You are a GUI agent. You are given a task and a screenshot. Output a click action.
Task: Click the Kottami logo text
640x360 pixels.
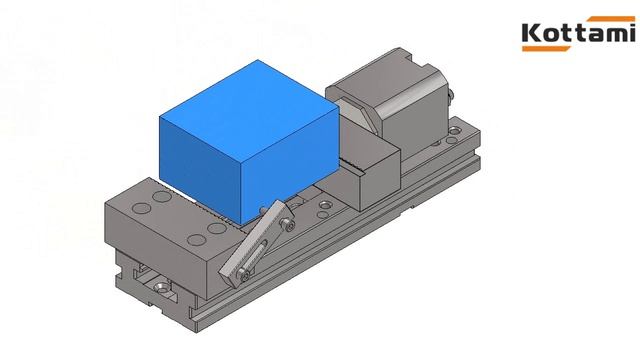point(578,33)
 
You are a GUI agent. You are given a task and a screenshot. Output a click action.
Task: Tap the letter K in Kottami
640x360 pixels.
point(531,33)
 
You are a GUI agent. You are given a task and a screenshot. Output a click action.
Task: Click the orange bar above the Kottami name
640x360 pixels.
point(611,19)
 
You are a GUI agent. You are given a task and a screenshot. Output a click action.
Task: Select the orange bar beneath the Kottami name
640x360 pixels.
point(547,49)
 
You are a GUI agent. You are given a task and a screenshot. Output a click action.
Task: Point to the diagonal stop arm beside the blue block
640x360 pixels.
point(255,243)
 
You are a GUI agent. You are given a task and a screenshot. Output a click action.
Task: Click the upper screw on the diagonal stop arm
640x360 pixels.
point(287,224)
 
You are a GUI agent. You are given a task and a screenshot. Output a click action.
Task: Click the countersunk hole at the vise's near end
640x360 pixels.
point(163,286)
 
